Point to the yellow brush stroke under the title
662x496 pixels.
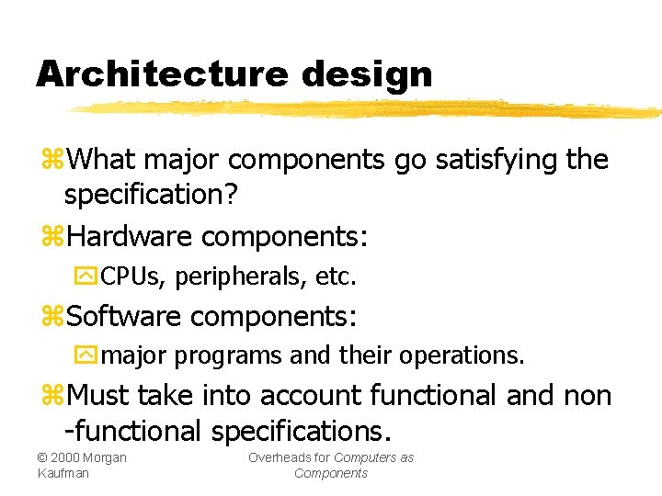368,109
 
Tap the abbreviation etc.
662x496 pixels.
336,276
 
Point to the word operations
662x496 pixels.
468,355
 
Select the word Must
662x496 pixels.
99,396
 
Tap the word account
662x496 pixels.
309,396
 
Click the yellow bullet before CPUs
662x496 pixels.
90,276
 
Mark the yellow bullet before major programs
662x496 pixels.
90,355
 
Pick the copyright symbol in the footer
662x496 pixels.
42,457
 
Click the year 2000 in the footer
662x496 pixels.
65,457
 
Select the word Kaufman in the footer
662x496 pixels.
62,473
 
